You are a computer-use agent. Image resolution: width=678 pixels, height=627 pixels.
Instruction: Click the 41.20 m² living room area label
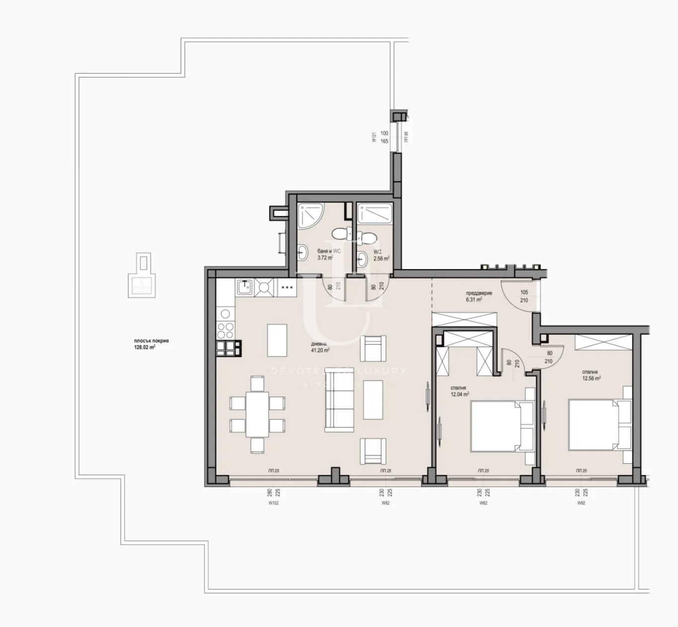[x=320, y=347]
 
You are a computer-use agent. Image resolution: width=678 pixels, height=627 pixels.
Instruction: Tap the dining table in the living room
[x=257, y=414]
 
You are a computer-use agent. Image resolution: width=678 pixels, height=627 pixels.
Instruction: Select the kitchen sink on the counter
[x=244, y=287]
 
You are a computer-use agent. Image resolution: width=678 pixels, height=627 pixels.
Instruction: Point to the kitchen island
[x=277, y=340]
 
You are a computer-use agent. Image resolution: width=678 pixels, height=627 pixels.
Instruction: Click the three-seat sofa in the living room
[x=339, y=402]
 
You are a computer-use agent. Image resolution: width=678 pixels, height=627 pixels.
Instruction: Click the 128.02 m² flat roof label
[x=144, y=345]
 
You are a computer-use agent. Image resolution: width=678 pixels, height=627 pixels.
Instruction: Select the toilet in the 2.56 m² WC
[x=368, y=238]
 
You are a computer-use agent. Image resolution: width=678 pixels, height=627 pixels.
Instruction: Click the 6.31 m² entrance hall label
[x=478, y=296]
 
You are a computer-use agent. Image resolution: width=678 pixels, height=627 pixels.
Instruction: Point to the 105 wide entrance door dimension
[x=524, y=292]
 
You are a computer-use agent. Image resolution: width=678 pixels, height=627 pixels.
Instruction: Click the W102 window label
[x=273, y=503]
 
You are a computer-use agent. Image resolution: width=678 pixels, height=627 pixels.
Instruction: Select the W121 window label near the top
[x=374, y=137]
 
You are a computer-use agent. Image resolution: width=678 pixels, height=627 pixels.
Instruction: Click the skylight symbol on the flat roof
[x=142, y=279]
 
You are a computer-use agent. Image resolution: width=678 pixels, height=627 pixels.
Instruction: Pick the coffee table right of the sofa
[x=373, y=400]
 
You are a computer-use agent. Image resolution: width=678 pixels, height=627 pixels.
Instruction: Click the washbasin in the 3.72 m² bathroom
[x=302, y=253]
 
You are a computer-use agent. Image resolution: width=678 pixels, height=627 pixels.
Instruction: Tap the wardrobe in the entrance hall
[x=464, y=319]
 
